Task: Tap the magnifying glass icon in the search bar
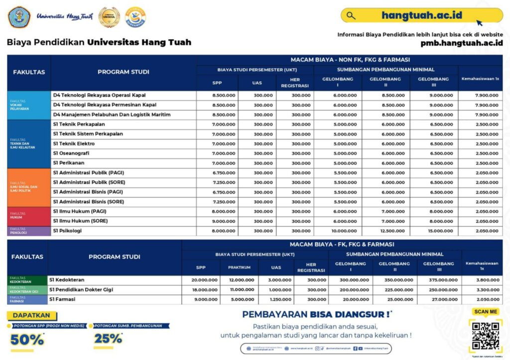[x=351, y=15]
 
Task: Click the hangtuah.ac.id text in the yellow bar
[x=421, y=15]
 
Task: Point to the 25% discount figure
[x=108, y=339]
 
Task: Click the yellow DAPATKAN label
[x=31, y=316]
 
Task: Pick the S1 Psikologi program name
[x=67, y=231]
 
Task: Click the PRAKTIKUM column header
[x=240, y=267]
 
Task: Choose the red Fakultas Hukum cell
[x=29, y=217]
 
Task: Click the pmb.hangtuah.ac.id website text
[x=461, y=43]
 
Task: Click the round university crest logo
[x=19, y=17]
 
